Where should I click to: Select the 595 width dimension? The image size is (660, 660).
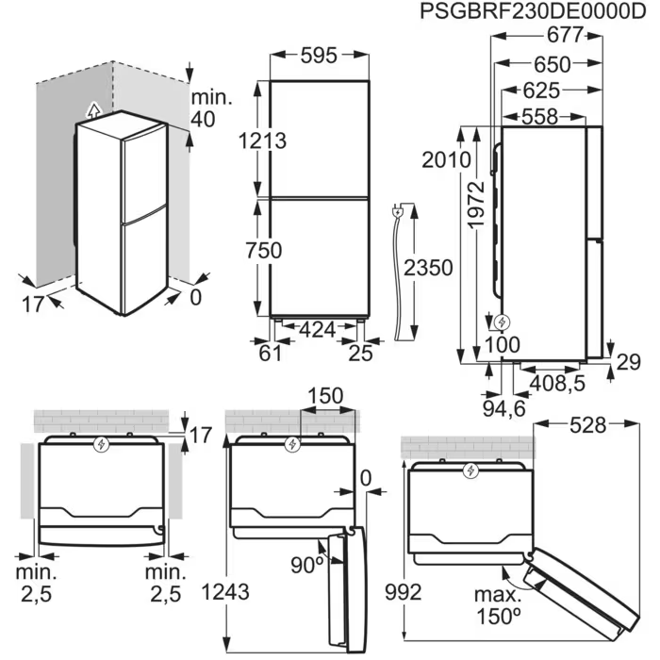tap(319, 56)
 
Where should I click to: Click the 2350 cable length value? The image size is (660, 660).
tap(427, 267)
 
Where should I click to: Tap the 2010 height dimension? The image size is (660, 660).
tap(447, 159)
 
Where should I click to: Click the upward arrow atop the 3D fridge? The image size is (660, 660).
tap(90, 108)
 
